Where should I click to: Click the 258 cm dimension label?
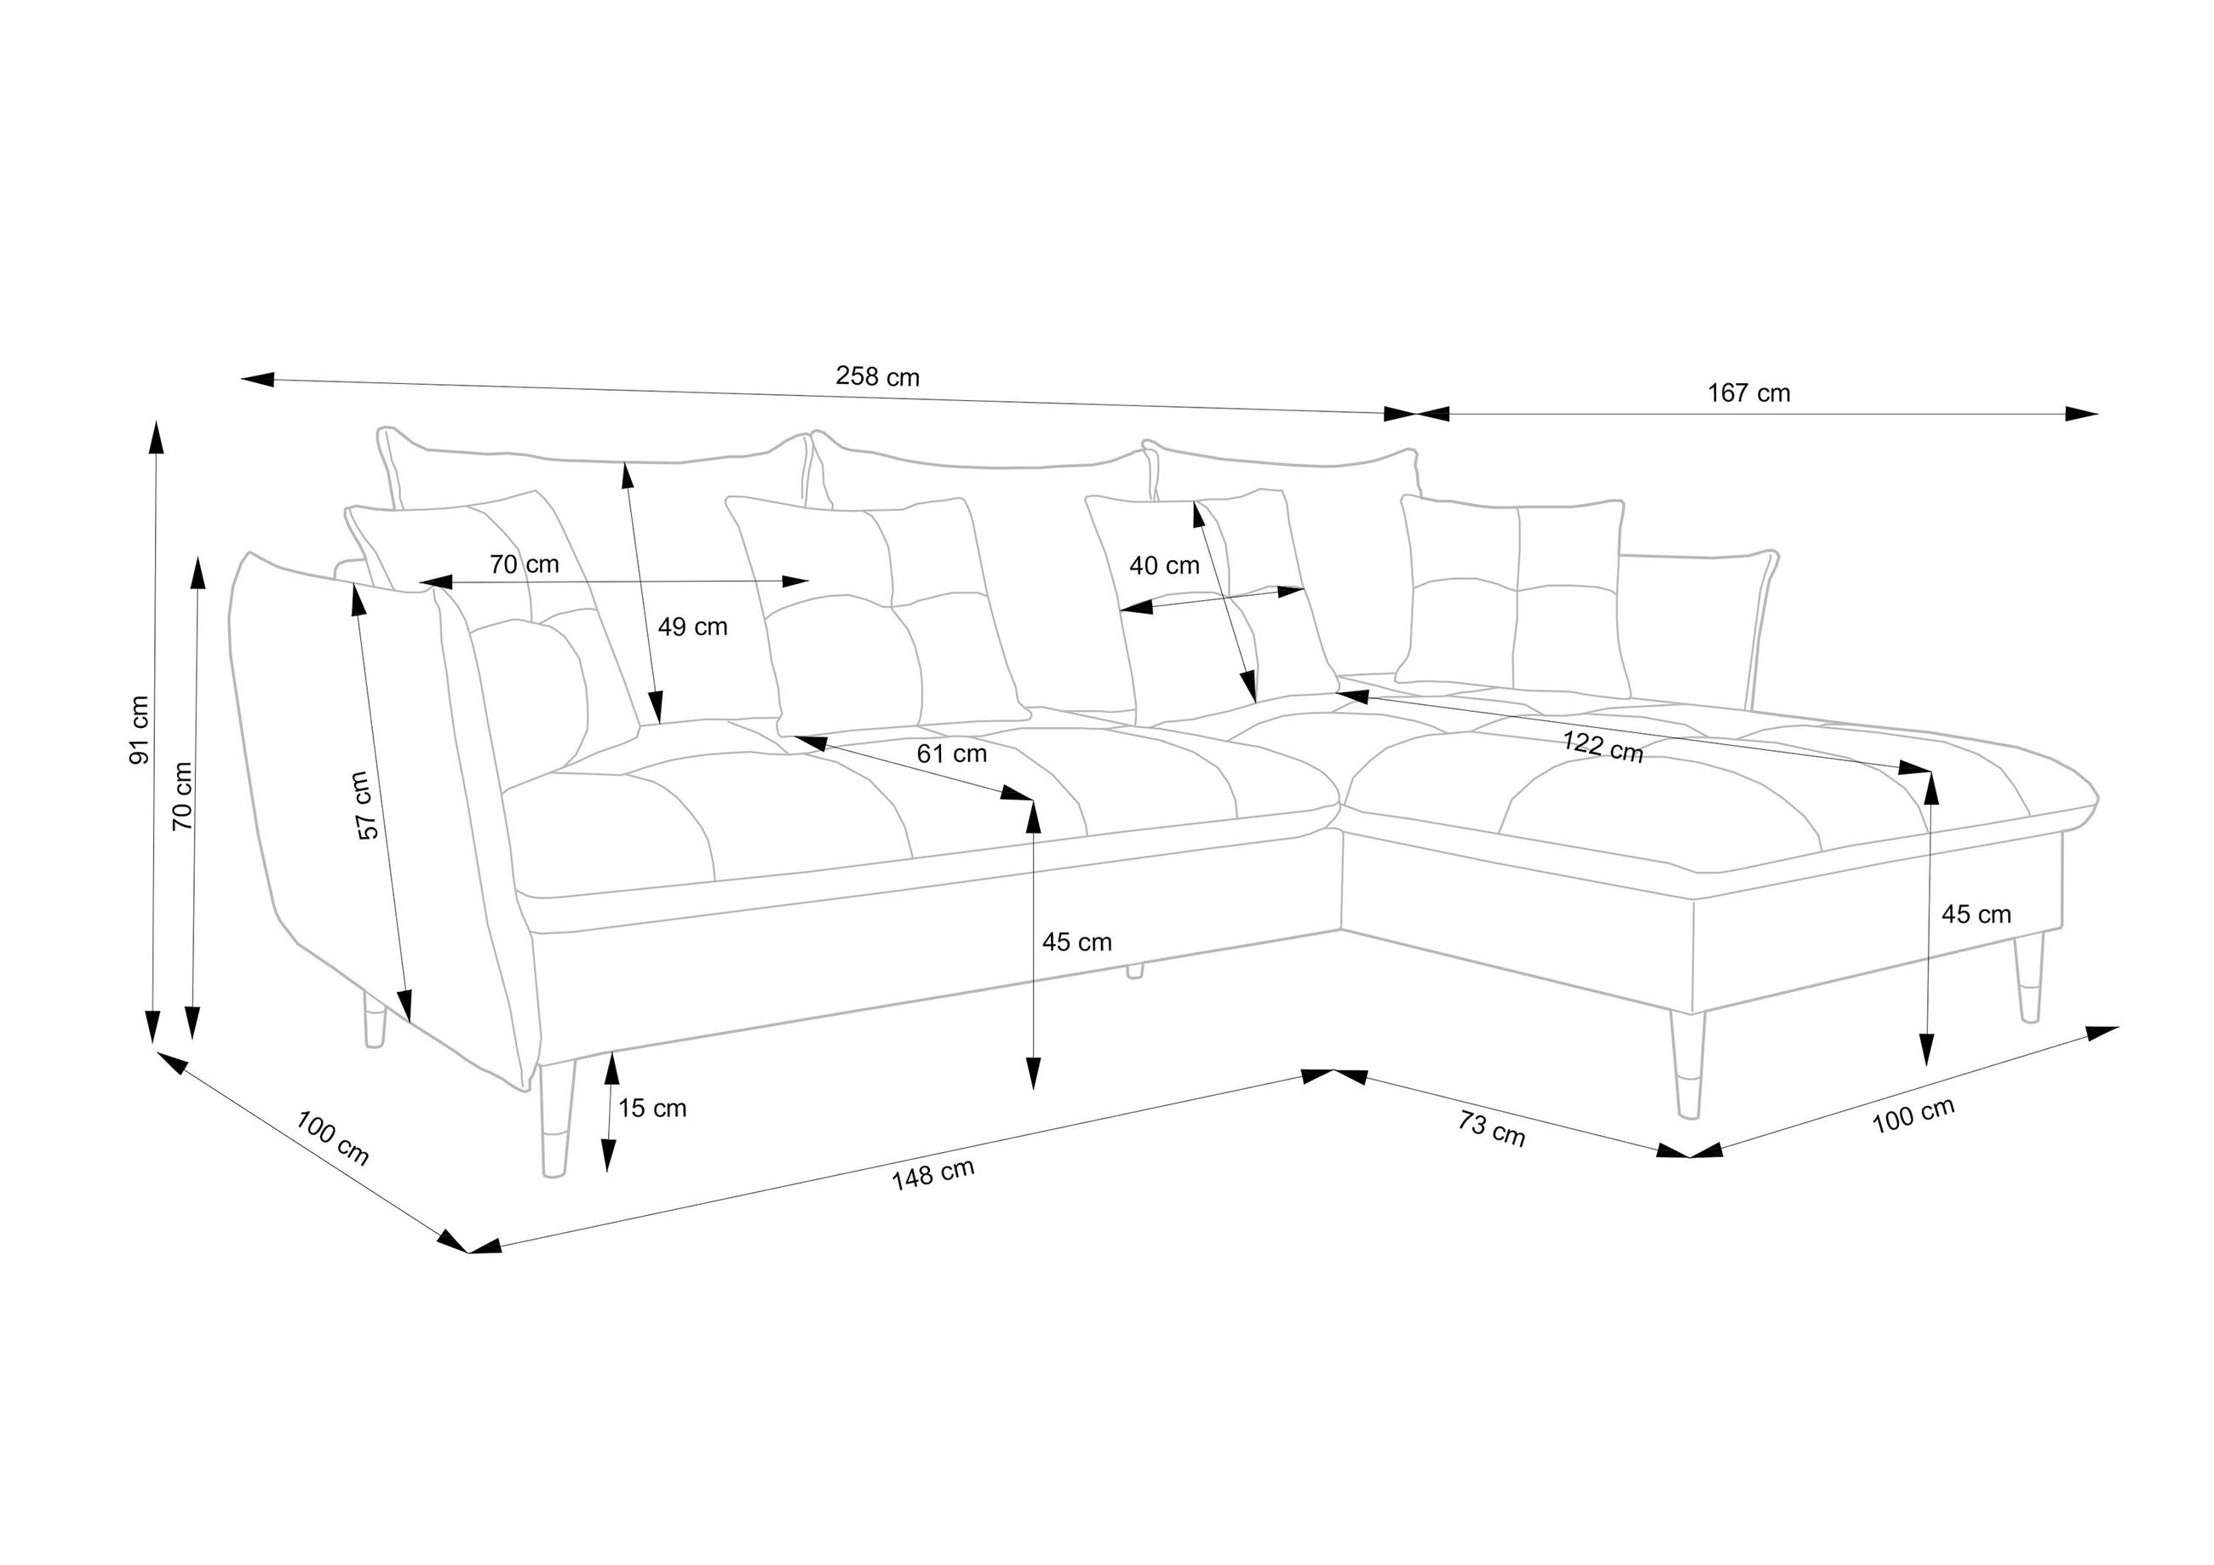[x=876, y=377]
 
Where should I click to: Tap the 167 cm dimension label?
[x=1748, y=393]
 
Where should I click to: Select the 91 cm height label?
[x=140, y=729]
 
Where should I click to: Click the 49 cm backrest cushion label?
[x=692, y=627]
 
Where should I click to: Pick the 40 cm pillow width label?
[x=1164, y=566]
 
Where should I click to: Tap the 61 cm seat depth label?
[x=951, y=753]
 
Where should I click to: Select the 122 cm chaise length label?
[x=1603, y=747]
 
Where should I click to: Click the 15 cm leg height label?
[x=652, y=1108]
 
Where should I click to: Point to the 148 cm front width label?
[x=932, y=1173]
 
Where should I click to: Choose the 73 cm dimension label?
[x=1491, y=1128]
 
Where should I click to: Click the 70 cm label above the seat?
[x=524, y=564]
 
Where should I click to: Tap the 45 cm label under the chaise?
[x=1976, y=914]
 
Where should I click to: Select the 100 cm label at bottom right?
[x=1913, y=1115]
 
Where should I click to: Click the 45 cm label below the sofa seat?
[x=1076, y=941]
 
